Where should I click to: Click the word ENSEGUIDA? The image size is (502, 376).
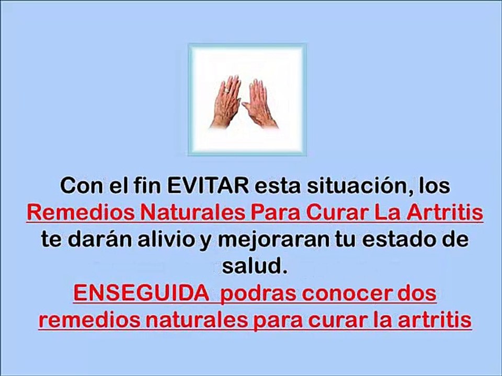[140, 294]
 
